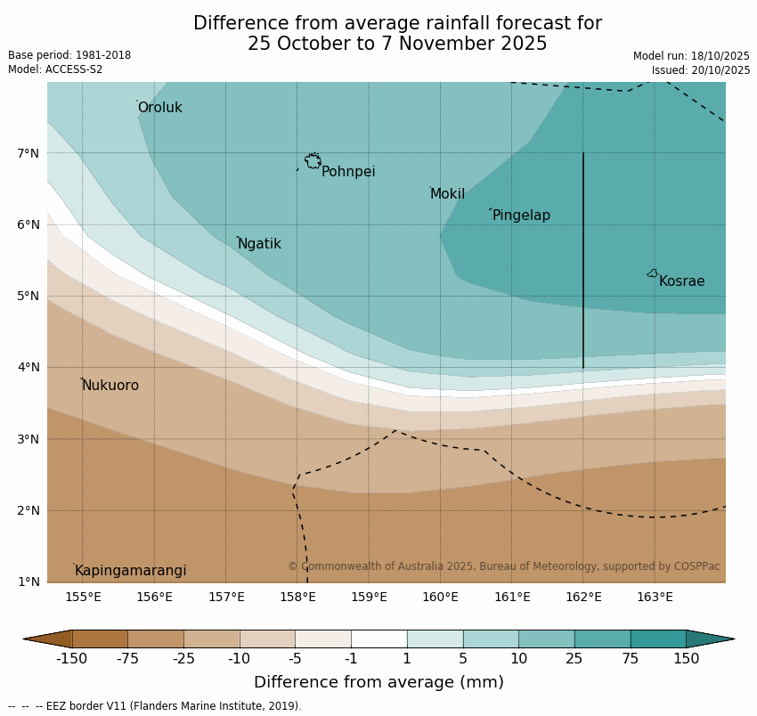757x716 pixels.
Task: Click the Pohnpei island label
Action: click(x=348, y=172)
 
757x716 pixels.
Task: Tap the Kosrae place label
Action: click(x=681, y=281)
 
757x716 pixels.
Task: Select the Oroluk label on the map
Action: click(x=159, y=108)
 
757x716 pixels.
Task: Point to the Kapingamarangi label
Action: click(x=130, y=571)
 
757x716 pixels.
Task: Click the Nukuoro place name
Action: click(x=110, y=386)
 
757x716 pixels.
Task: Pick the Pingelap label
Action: click(x=521, y=216)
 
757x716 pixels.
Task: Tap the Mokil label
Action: click(x=447, y=194)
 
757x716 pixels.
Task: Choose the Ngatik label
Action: click(x=259, y=244)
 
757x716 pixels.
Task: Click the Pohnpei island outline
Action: click(x=313, y=161)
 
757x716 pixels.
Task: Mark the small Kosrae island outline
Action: click(x=653, y=273)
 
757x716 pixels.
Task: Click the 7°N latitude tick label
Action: click(x=28, y=153)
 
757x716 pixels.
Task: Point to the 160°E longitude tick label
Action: click(x=440, y=597)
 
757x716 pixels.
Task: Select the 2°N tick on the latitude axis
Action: click(x=28, y=510)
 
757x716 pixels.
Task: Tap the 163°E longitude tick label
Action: click(x=655, y=597)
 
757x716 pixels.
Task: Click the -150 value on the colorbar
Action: click(x=71, y=659)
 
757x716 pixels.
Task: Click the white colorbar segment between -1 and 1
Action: click(x=378, y=639)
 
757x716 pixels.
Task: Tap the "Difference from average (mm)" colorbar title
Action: click(x=378, y=682)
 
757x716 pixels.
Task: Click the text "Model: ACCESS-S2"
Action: click(x=55, y=69)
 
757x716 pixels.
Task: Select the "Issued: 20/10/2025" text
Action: click(x=700, y=70)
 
